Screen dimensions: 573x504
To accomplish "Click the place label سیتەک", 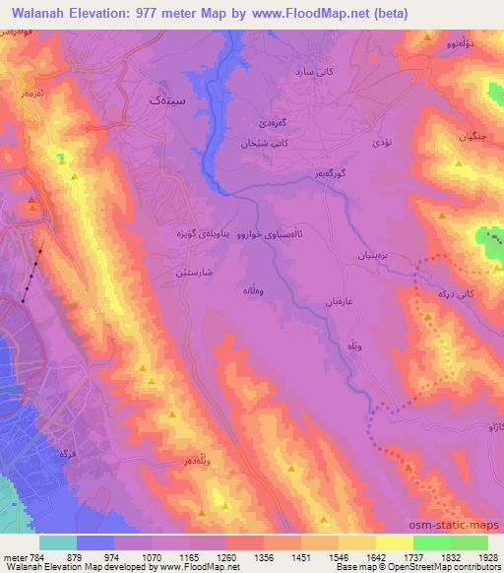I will [165, 100].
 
